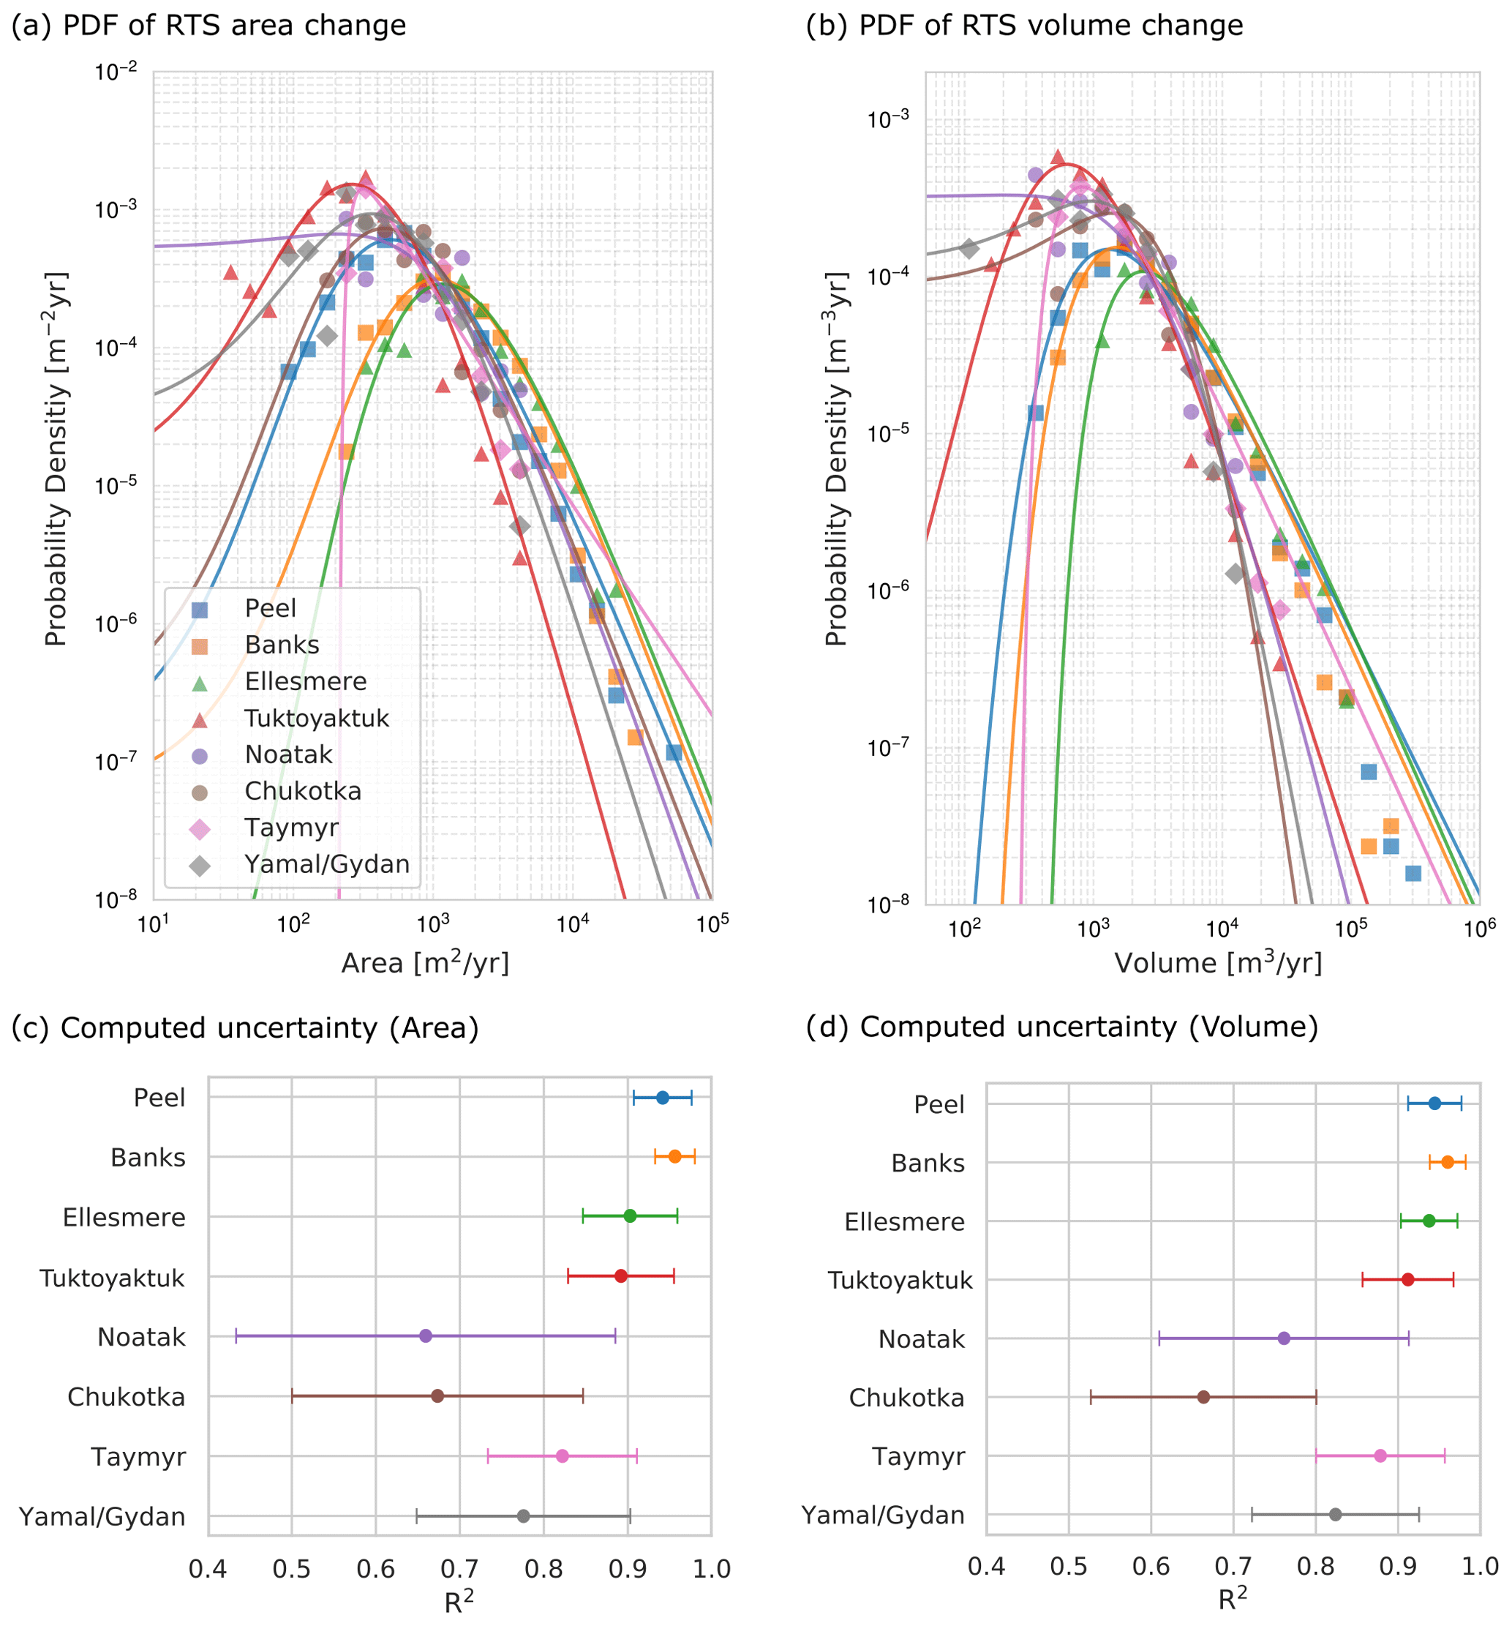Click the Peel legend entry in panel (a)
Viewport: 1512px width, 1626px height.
[270, 609]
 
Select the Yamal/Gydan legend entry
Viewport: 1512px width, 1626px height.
[326, 864]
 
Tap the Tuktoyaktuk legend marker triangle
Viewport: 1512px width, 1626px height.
[200, 719]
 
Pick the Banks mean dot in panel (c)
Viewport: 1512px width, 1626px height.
[674, 1156]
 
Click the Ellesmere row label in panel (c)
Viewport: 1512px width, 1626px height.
[124, 1218]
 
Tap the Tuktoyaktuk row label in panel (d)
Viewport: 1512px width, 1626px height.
[900, 1281]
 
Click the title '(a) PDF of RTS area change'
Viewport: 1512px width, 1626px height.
[208, 26]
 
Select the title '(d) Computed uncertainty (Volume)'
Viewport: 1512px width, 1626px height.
[1062, 1027]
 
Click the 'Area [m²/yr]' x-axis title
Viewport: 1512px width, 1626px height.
[425, 963]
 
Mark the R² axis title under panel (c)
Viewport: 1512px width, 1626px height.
[459, 1601]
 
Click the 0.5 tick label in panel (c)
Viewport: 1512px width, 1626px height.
[292, 1569]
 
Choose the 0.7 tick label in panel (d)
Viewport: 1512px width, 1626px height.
[1233, 1566]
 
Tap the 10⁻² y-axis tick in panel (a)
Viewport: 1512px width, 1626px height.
[116, 72]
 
